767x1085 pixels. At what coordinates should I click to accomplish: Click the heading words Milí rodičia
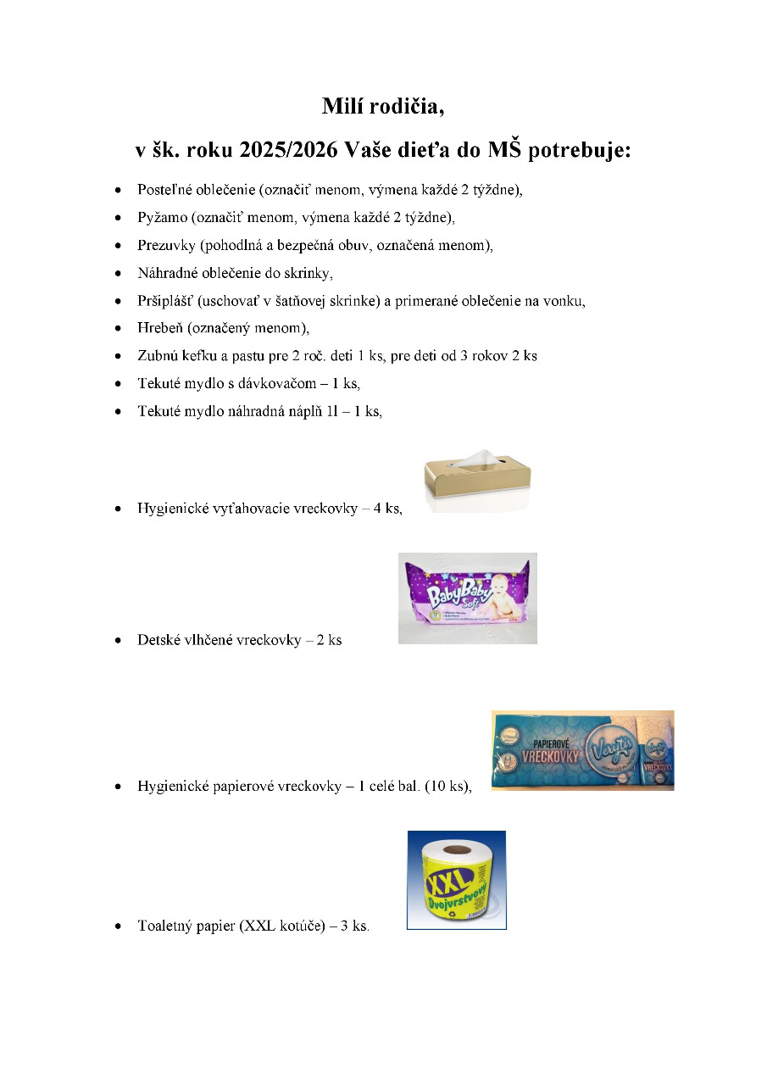(x=383, y=107)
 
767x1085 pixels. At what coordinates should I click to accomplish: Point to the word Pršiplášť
(x=164, y=301)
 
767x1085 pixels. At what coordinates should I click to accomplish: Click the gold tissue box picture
(x=477, y=483)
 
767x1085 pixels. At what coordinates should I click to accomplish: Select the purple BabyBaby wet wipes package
(x=467, y=598)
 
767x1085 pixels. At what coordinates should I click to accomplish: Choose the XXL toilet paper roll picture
(x=456, y=880)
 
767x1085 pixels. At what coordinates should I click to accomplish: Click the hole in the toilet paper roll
(x=459, y=849)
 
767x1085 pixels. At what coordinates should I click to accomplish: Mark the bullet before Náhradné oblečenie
(x=119, y=274)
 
